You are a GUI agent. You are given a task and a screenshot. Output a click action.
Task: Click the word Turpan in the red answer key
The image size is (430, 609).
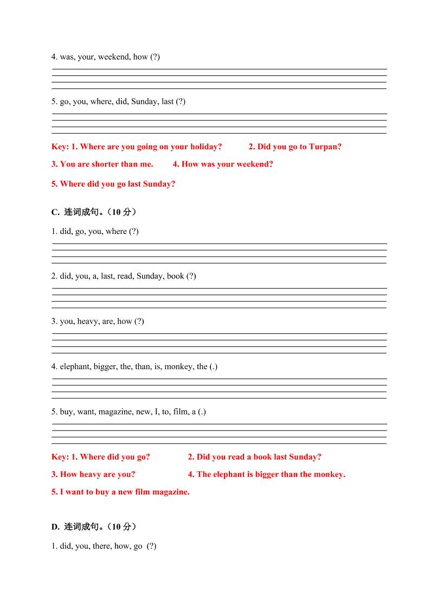(x=324, y=147)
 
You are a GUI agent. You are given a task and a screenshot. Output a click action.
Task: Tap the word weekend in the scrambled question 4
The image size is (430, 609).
(x=114, y=56)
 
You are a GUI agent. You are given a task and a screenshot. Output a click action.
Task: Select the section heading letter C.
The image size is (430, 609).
(x=55, y=212)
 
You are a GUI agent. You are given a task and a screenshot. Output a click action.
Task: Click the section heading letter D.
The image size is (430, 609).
(x=55, y=526)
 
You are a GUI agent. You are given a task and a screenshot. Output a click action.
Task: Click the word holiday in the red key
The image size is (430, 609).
(x=205, y=147)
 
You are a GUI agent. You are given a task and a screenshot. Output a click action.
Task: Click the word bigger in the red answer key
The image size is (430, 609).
(x=267, y=474)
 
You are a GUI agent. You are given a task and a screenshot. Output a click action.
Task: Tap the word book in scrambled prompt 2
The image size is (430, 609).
(x=176, y=276)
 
